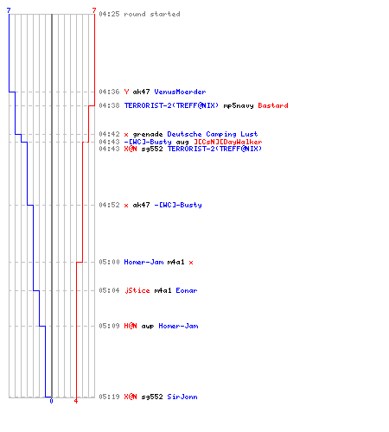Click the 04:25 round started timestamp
pos(109,14)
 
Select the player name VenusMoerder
pos(180,92)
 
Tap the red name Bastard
pos(273,105)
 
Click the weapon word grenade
pos(148,134)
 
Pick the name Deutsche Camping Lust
pos(213,134)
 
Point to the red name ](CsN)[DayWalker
pos(228,142)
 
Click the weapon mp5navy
pos(239,106)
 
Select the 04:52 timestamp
pos(109,205)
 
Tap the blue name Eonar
pos(187,290)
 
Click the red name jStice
pos(137,290)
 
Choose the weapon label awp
pos(148,327)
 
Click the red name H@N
pos(131,326)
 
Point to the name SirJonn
pos(182,397)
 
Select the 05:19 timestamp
pos(109,397)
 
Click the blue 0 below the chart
pos(51,401)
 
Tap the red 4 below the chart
pos(76,401)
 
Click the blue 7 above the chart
pos(9,10)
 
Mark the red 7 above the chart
pos(94,10)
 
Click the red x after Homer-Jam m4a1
pos(191,263)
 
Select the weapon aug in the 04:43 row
pos(182,142)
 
